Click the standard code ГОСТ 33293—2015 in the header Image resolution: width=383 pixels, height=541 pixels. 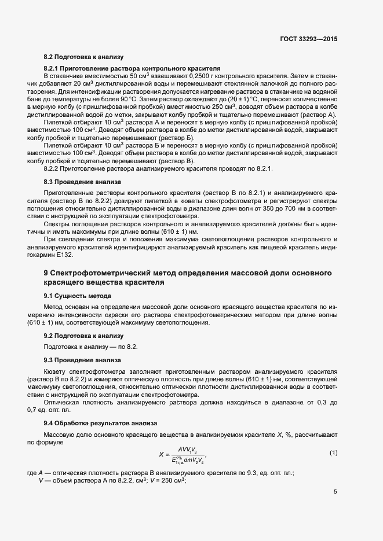(x=308, y=39)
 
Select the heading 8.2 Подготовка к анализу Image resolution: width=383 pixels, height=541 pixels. (x=84, y=57)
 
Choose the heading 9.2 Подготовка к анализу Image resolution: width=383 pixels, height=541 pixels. (x=84, y=336)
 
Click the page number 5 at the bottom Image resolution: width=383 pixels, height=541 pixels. (x=335, y=492)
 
